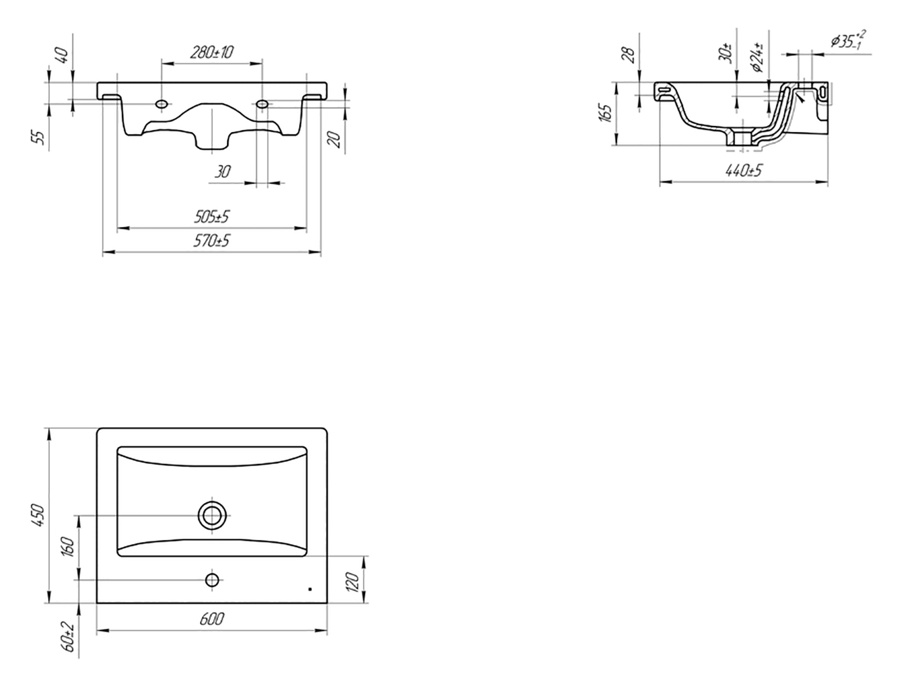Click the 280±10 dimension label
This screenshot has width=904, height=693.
click(x=211, y=53)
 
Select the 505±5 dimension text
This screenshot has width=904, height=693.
click(x=212, y=217)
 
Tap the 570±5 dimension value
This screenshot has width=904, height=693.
click(x=211, y=241)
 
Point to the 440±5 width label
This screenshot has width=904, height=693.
click(x=744, y=170)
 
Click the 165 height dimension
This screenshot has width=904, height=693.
click(x=606, y=113)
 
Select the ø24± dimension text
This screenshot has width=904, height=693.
click(x=757, y=58)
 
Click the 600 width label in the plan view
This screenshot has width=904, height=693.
click(x=212, y=619)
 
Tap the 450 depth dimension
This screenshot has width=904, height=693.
click(x=38, y=516)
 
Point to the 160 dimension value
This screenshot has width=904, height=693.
click(x=68, y=547)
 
